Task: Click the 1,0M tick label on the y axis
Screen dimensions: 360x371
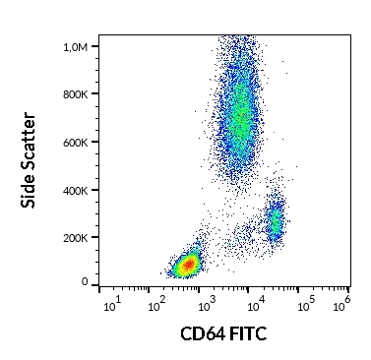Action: point(74,47)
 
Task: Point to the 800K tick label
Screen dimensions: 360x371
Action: point(75,94)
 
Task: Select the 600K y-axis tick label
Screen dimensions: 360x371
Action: point(75,142)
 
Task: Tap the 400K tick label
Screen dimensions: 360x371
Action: point(75,190)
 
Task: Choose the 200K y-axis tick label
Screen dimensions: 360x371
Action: point(75,237)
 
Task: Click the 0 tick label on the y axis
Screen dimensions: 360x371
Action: point(85,282)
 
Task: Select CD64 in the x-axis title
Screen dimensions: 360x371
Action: point(201,335)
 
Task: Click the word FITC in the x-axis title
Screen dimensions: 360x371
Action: point(247,335)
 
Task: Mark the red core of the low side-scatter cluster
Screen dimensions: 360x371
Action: point(187,265)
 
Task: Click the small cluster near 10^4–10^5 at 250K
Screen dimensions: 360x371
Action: point(275,224)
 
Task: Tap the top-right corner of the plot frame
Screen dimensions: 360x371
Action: point(353,35)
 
